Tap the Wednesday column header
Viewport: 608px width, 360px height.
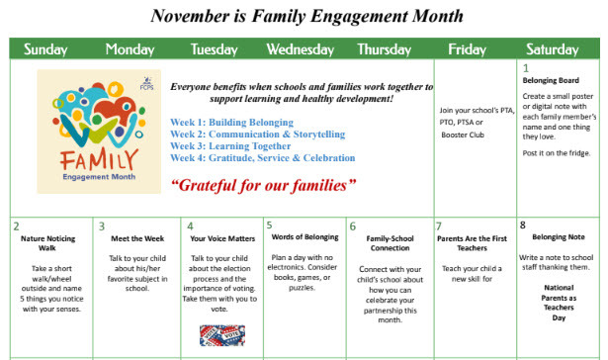pyautogui.click(x=300, y=49)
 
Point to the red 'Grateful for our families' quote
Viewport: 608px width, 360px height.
pyautogui.click(x=249, y=185)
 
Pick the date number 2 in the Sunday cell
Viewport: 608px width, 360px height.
pyautogui.click(x=17, y=226)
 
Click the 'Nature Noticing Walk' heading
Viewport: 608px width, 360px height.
pyautogui.click(x=49, y=244)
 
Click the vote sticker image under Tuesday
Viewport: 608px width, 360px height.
pyautogui.click(x=220, y=335)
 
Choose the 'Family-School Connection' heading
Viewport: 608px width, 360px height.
pyautogui.click(x=390, y=244)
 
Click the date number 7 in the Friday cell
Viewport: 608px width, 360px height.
pyautogui.click(x=439, y=226)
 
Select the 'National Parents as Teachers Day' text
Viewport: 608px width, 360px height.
pyautogui.click(x=559, y=302)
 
